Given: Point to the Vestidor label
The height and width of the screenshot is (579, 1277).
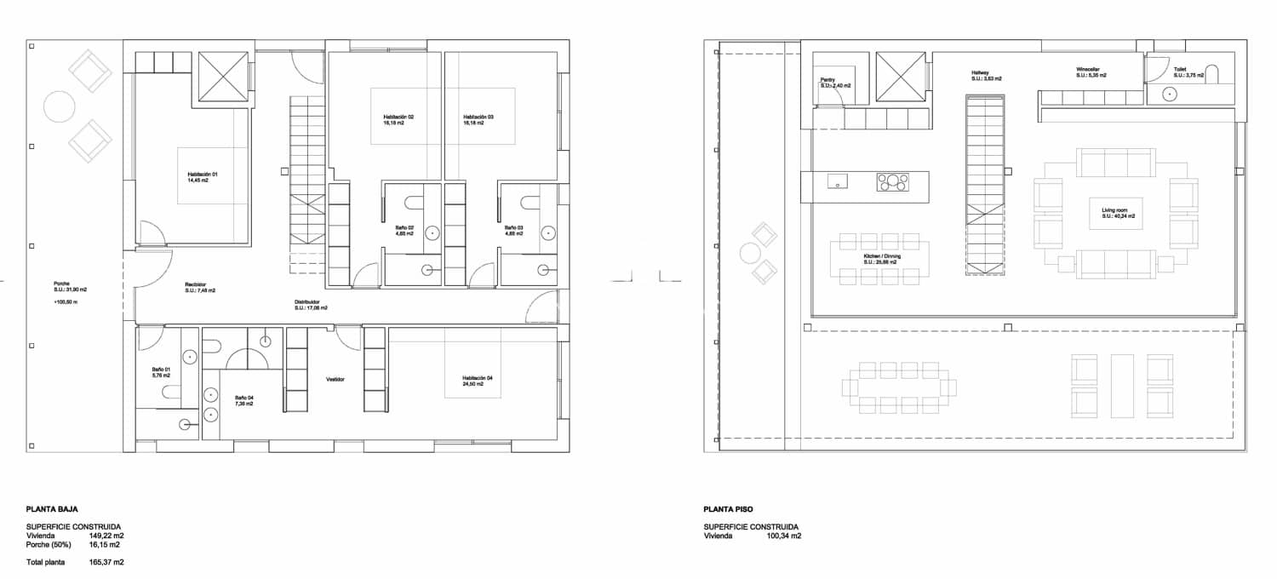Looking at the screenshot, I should pos(335,379).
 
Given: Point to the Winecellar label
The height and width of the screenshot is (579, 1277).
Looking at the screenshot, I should pos(1091,72).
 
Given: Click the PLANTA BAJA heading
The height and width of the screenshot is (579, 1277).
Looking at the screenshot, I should pos(52,508).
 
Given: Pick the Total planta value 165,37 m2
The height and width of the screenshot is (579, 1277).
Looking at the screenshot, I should pos(106,562).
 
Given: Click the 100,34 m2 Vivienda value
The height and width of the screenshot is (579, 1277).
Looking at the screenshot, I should pos(784,536).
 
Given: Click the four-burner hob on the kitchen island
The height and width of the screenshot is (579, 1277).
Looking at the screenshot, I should pos(893,181).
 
